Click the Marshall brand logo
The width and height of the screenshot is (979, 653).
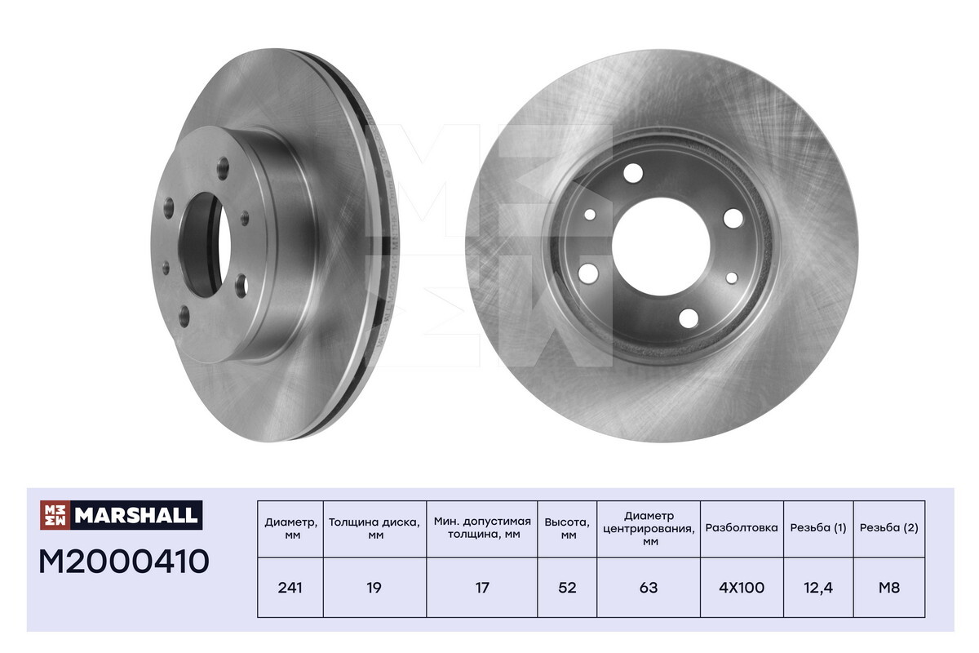pyautogui.click(x=121, y=515)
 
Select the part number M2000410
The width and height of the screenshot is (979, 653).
pyautogui.click(x=124, y=562)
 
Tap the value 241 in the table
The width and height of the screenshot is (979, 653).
pyautogui.click(x=290, y=588)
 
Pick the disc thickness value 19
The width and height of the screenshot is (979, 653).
pyautogui.click(x=374, y=588)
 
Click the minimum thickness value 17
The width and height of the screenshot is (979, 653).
pyautogui.click(x=481, y=588)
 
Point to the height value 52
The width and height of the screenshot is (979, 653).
pyautogui.click(x=567, y=588)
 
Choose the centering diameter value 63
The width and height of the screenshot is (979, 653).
pyautogui.click(x=648, y=588)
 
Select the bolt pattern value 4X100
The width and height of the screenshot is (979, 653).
pyautogui.click(x=742, y=588)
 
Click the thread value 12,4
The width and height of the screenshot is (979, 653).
pyautogui.click(x=818, y=588)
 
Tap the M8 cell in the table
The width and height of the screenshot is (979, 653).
pyautogui.click(x=889, y=588)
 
